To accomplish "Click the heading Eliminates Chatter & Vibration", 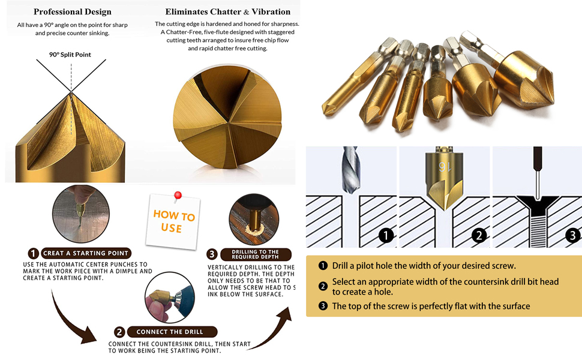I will click(x=227, y=11).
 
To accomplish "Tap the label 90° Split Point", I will click(x=70, y=55).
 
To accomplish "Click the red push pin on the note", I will click(x=178, y=197).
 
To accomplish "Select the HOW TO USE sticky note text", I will click(x=173, y=221).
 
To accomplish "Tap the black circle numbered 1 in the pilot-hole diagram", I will click(x=386, y=235).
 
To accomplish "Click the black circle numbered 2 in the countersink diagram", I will click(x=478, y=235).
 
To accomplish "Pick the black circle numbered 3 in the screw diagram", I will click(x=572, y=235).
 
